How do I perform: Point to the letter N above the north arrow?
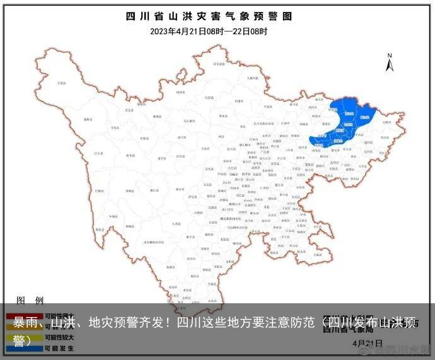click(390, 55)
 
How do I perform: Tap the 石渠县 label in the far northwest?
click(61, 83)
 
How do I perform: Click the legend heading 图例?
click(30, 300)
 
